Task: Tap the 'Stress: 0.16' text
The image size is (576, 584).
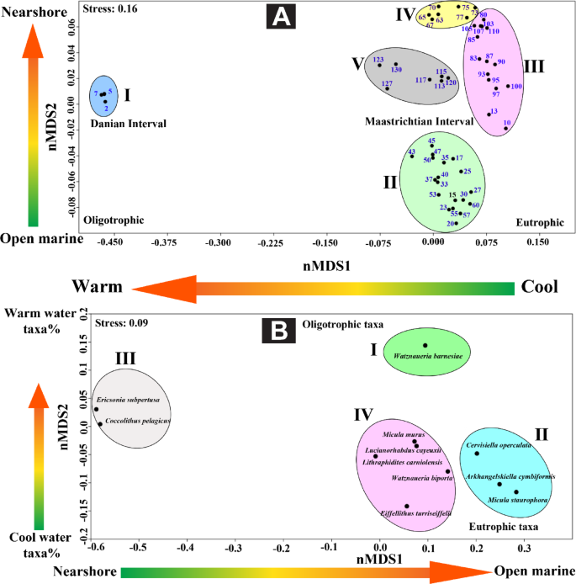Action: point(111,8)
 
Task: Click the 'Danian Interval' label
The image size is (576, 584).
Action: point(129,124)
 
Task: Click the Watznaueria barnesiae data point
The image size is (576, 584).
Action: point(425,345)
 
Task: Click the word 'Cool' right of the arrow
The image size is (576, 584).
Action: point(539,286)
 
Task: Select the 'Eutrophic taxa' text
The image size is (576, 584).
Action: point(504,527)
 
